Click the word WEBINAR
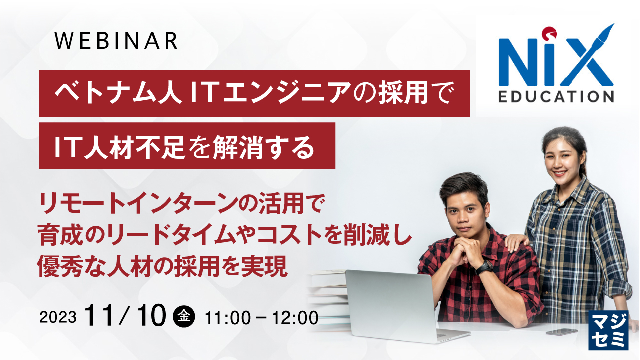coord(116,41)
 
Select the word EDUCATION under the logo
coord(556,96)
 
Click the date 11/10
coord(125,316)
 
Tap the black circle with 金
coord(183,316)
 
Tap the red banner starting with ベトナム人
coord(254,93)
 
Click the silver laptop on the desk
coord(389,305)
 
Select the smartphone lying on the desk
coord(562,331)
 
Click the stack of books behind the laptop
coord(328,295)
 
